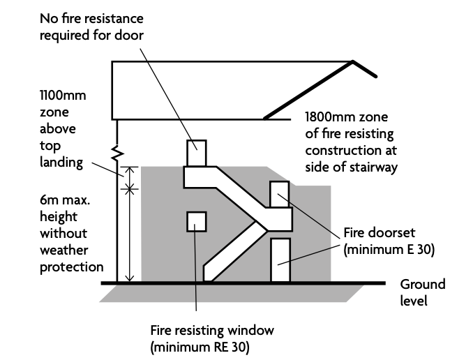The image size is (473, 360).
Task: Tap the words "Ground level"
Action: pyautogui.click(x=421, y=293)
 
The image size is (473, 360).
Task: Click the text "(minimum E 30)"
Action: pyautogui.click(x=389, y=249)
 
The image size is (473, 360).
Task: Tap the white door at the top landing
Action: pyautogui.click(x=196, y=153)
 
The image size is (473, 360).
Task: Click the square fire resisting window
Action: pyautogui.click(x=196, y=221)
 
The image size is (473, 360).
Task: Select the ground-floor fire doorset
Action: pyautogui.click(x=279, y=260)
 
